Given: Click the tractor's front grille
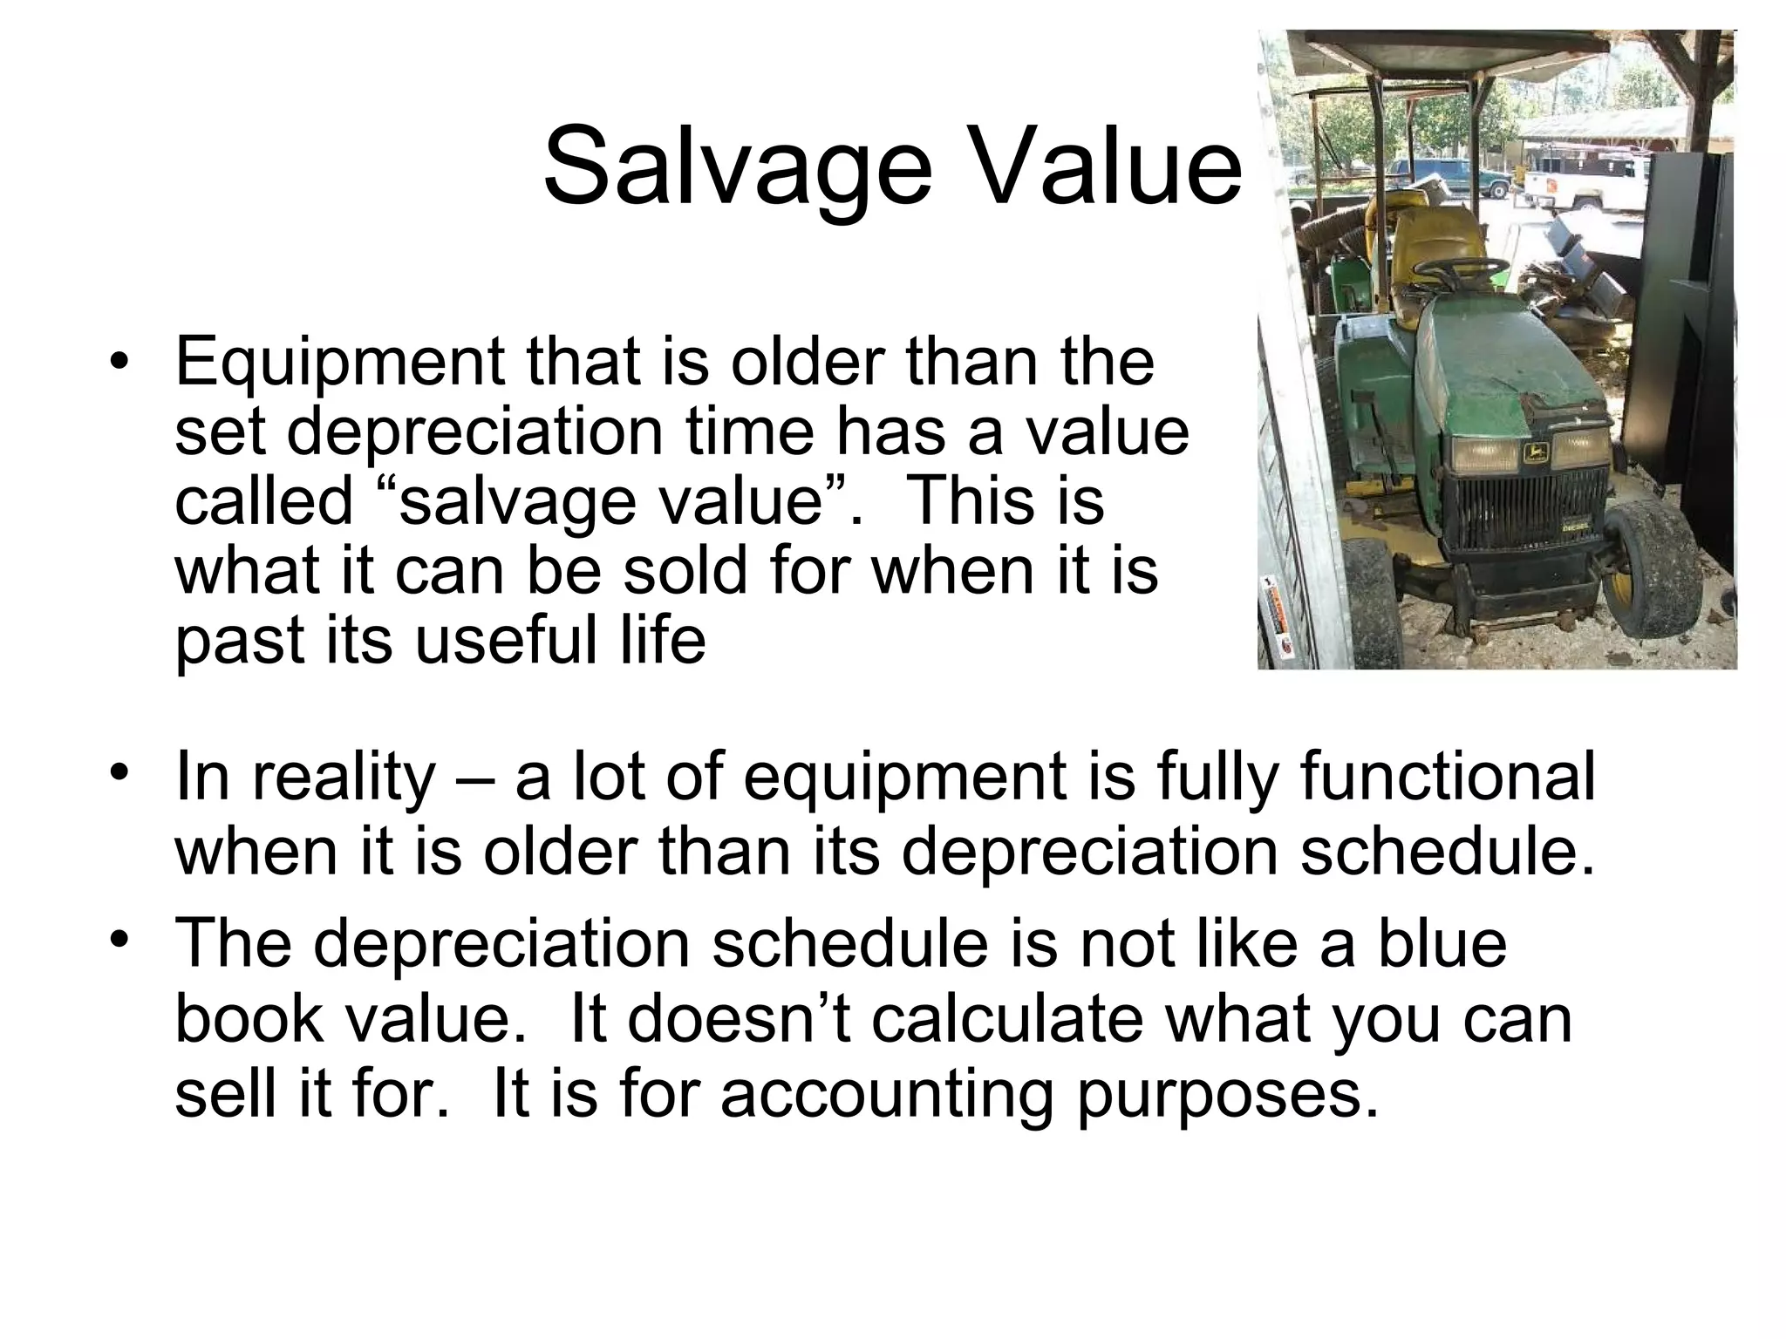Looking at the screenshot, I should point(1523,515).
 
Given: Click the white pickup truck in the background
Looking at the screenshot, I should point(1588,187).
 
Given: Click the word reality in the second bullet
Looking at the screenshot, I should point(343,778).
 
